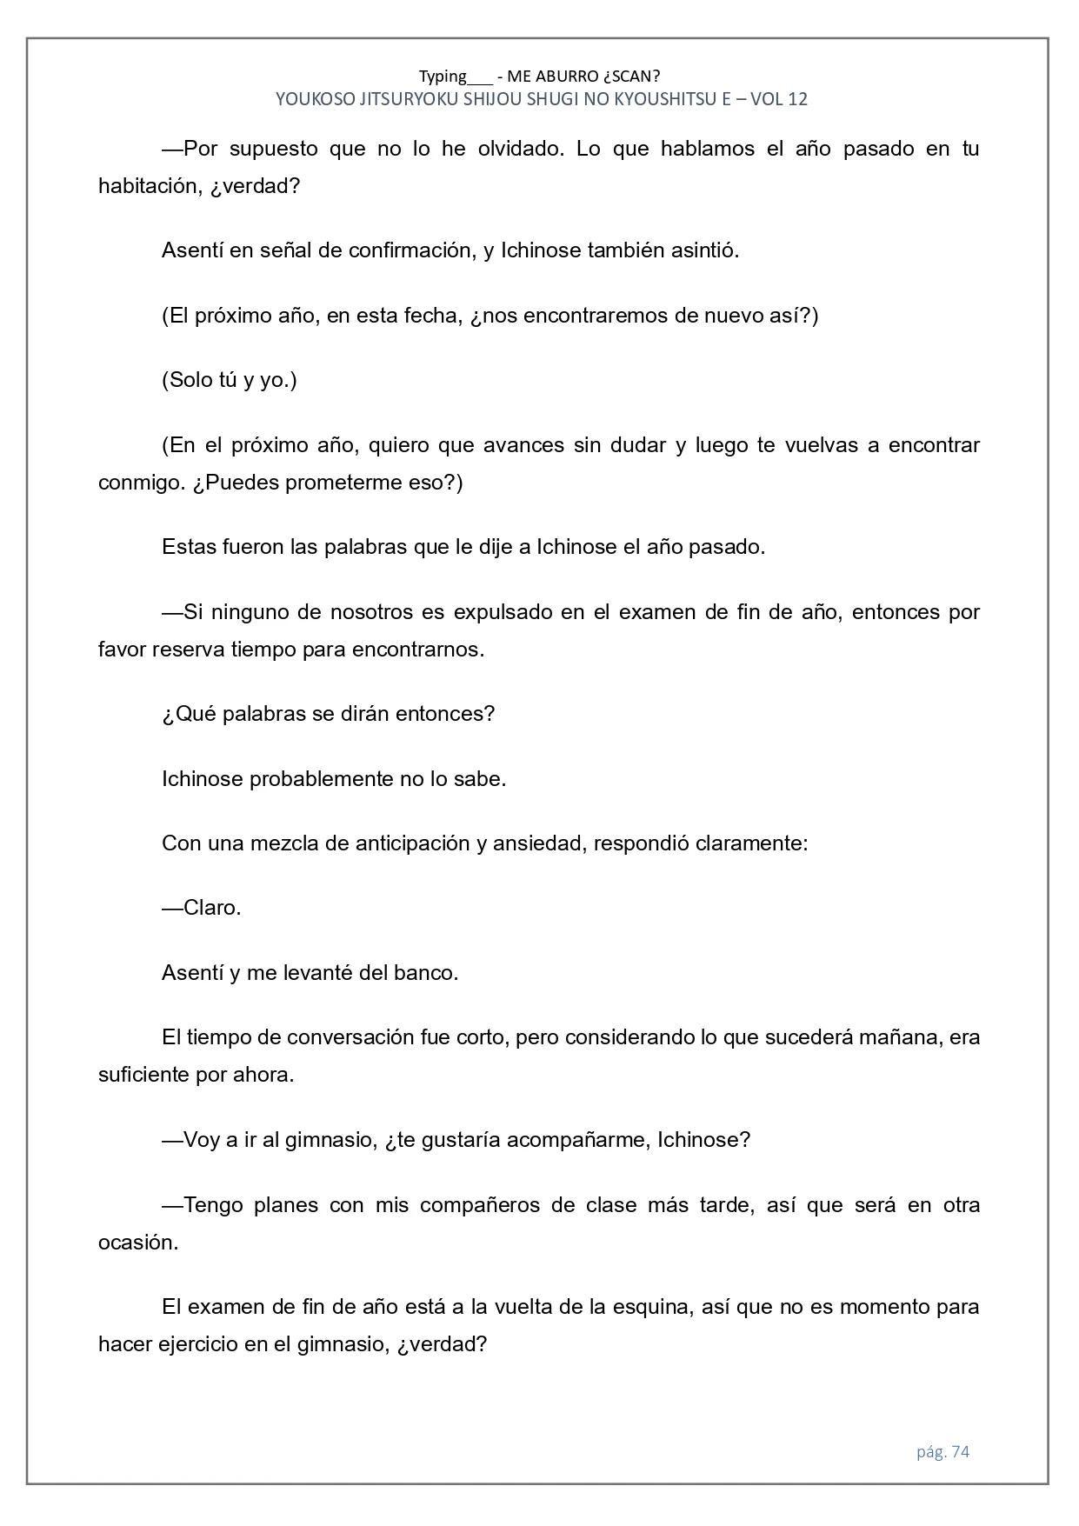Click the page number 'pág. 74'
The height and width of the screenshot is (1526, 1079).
click(942, 1451)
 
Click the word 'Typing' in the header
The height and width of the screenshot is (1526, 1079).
click(443, 77)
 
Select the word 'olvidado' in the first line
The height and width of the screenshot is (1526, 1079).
click(521, 149)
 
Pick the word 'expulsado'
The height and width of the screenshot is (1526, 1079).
click(502, 612)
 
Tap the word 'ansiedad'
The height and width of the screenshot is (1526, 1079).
click(536, 843)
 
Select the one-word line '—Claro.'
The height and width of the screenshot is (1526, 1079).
click(202, 908)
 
